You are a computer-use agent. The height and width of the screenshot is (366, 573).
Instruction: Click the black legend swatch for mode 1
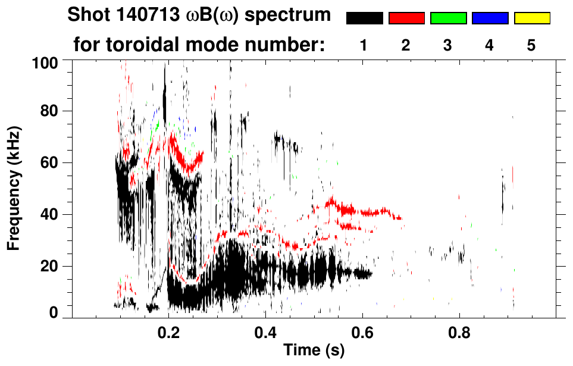(365, 18)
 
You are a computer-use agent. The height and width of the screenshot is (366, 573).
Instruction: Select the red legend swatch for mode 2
(406, 18)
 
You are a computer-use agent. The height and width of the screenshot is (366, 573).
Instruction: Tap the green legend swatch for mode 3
(448, 18)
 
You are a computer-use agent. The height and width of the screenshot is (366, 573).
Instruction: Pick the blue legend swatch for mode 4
(490, 18)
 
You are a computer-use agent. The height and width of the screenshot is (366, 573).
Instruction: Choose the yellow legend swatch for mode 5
(531, 18)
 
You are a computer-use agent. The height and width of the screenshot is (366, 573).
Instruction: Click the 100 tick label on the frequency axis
(46, 62)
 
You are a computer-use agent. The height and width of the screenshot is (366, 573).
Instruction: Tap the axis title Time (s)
(313, 351)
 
